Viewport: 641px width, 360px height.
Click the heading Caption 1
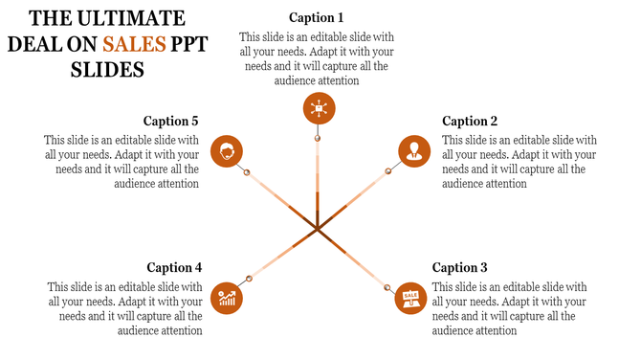coord(316,18)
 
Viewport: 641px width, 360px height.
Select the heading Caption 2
coord(470,122)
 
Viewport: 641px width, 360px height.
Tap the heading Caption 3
coord(460,268)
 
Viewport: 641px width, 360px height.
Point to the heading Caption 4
coord(174,268)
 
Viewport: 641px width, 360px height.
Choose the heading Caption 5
coord(170,122)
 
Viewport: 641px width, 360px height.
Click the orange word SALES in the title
coord(135,44)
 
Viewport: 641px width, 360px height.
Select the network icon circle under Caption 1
coord(318,109)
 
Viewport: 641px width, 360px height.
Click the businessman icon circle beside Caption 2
coord(413,151)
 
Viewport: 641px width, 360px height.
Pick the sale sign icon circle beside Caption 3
coord(410,298)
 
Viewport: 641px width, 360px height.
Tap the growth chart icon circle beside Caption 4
coord(227,298)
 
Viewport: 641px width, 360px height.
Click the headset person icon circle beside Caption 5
coord(227,151)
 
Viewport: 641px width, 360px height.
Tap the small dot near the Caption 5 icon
coord(247,172)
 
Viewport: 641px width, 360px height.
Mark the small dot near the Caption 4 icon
coord(250,279)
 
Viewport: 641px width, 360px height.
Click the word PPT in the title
coord(194,44)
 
